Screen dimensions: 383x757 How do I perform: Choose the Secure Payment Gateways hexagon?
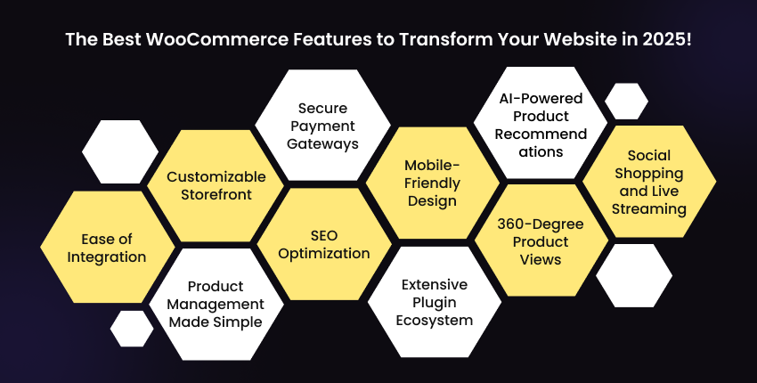click(322, 126)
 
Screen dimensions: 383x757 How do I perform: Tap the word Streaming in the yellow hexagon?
click(649, 209)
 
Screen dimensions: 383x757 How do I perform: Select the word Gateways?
click(323, 143)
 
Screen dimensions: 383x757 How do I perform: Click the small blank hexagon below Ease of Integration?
click(132, 328)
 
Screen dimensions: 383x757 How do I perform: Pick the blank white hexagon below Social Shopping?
click(633, 275)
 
